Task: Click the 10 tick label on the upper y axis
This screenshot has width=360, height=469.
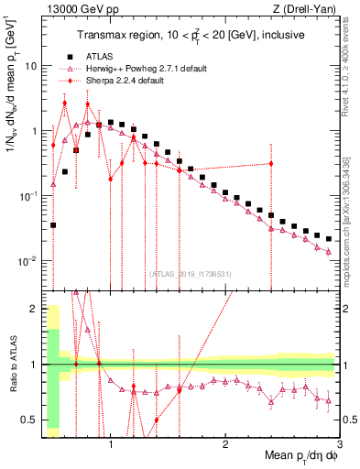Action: [29, 66]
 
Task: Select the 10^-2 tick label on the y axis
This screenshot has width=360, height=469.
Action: [27, 261]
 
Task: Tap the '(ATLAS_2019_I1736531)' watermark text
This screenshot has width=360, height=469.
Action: [189, 272]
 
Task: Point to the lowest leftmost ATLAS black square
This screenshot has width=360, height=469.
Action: [53, 224]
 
